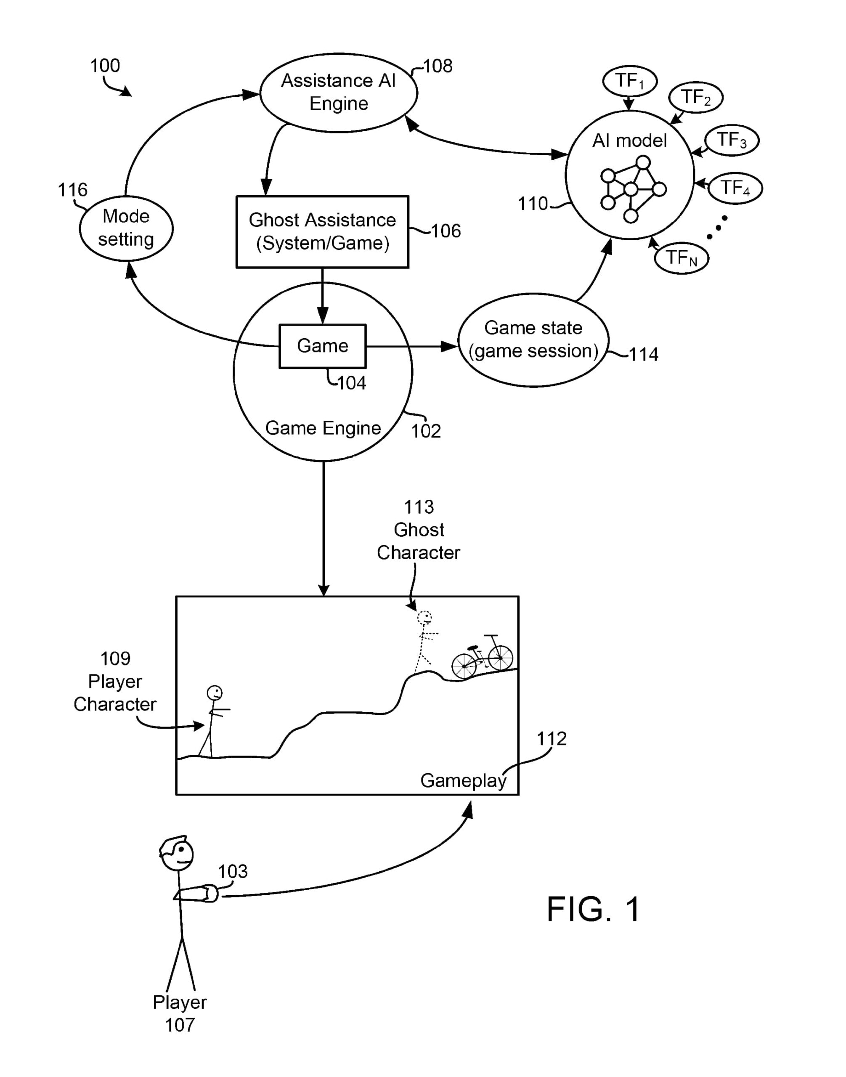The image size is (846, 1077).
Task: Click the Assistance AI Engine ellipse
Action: coord(338,93)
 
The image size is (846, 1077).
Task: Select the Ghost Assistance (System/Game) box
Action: coord(322,232)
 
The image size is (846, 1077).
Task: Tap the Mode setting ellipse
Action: coord(126,228)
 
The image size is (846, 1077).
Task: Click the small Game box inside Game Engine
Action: coord(322,346)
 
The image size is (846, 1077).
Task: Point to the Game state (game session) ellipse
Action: coord(533,340)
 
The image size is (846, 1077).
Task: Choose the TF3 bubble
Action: coord(732,140)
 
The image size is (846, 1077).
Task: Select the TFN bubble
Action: coord(681,257)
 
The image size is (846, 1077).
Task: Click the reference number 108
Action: coord(438,66)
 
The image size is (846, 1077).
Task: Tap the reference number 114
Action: coord(643,355)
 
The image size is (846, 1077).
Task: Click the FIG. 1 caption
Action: coord(594,910)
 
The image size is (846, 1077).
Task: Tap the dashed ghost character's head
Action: coord(424,618)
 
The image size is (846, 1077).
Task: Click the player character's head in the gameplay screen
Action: coord(215,692)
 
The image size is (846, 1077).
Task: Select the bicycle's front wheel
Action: coord(500,658)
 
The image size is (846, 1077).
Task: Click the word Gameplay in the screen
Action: coord(463,781)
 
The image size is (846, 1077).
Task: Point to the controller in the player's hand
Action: coord(210,893)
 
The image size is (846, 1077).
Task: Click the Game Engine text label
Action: coord(323,428)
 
